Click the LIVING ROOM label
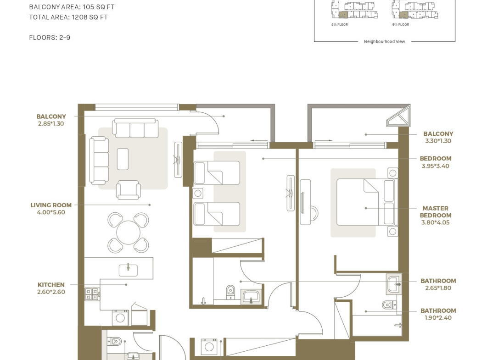pyautogui.click(x=51, y=205)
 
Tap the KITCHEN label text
pyautogui.click(x=51, y=285)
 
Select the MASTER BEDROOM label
pyautogui.click(x=436, y=212)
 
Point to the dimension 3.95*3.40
pyautogui.click(x=436, y=166)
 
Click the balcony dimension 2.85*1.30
pyautogui.click(x=51, y=123)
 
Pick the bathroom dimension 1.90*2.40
pyautogui.click(x=438, y=318)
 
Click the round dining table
pyautogui.click(x=128, y=233)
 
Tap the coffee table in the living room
pyautogui.click(x=123, y=159)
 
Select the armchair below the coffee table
pyautogui.click(x=128, y=190)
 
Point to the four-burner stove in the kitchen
pyautogui.click(x=92, y=294)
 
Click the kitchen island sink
pyautogui.click(x=128, y=270)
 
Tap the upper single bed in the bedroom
pyautogui.click(x=217, y=173)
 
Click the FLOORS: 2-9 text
pyautogui.click(x=50, y=38)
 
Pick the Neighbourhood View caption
pyautogui.click(x=385, y=42)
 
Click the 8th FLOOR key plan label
pyautogui.click(x=340, y=24)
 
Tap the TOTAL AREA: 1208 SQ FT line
pyautogui.click(x=68, y=17)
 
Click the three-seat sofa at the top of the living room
pyautogui.click(x=135, y=128)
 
